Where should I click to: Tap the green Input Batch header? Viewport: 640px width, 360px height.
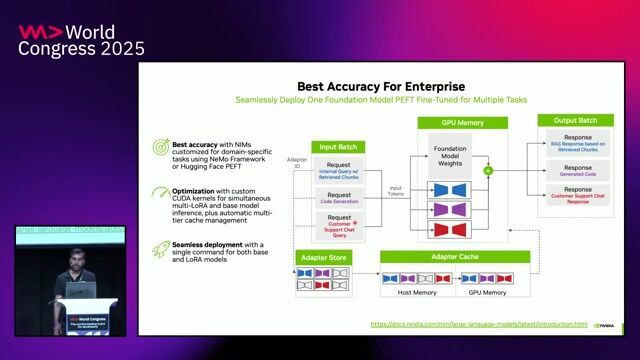pyautogui.click(x=339, y=147)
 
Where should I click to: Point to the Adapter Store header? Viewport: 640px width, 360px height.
pyautogui.click(x=324, y=258)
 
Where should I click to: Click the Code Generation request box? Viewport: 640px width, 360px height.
pyautogui.click(x=339, y=198)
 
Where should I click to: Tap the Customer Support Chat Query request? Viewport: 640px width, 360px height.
pyautogui.click(x=339, y=224)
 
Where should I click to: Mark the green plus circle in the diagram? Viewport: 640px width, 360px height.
pyautogui.click(x=488, y=170)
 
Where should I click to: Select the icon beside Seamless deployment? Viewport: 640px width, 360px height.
pyautogui.click(x=159, y=246)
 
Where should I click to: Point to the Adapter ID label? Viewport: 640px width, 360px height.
pyautogui.click(x=296, y=162)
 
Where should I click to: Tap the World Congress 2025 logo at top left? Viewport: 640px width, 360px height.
pyautogui.click(x=81, y=40)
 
